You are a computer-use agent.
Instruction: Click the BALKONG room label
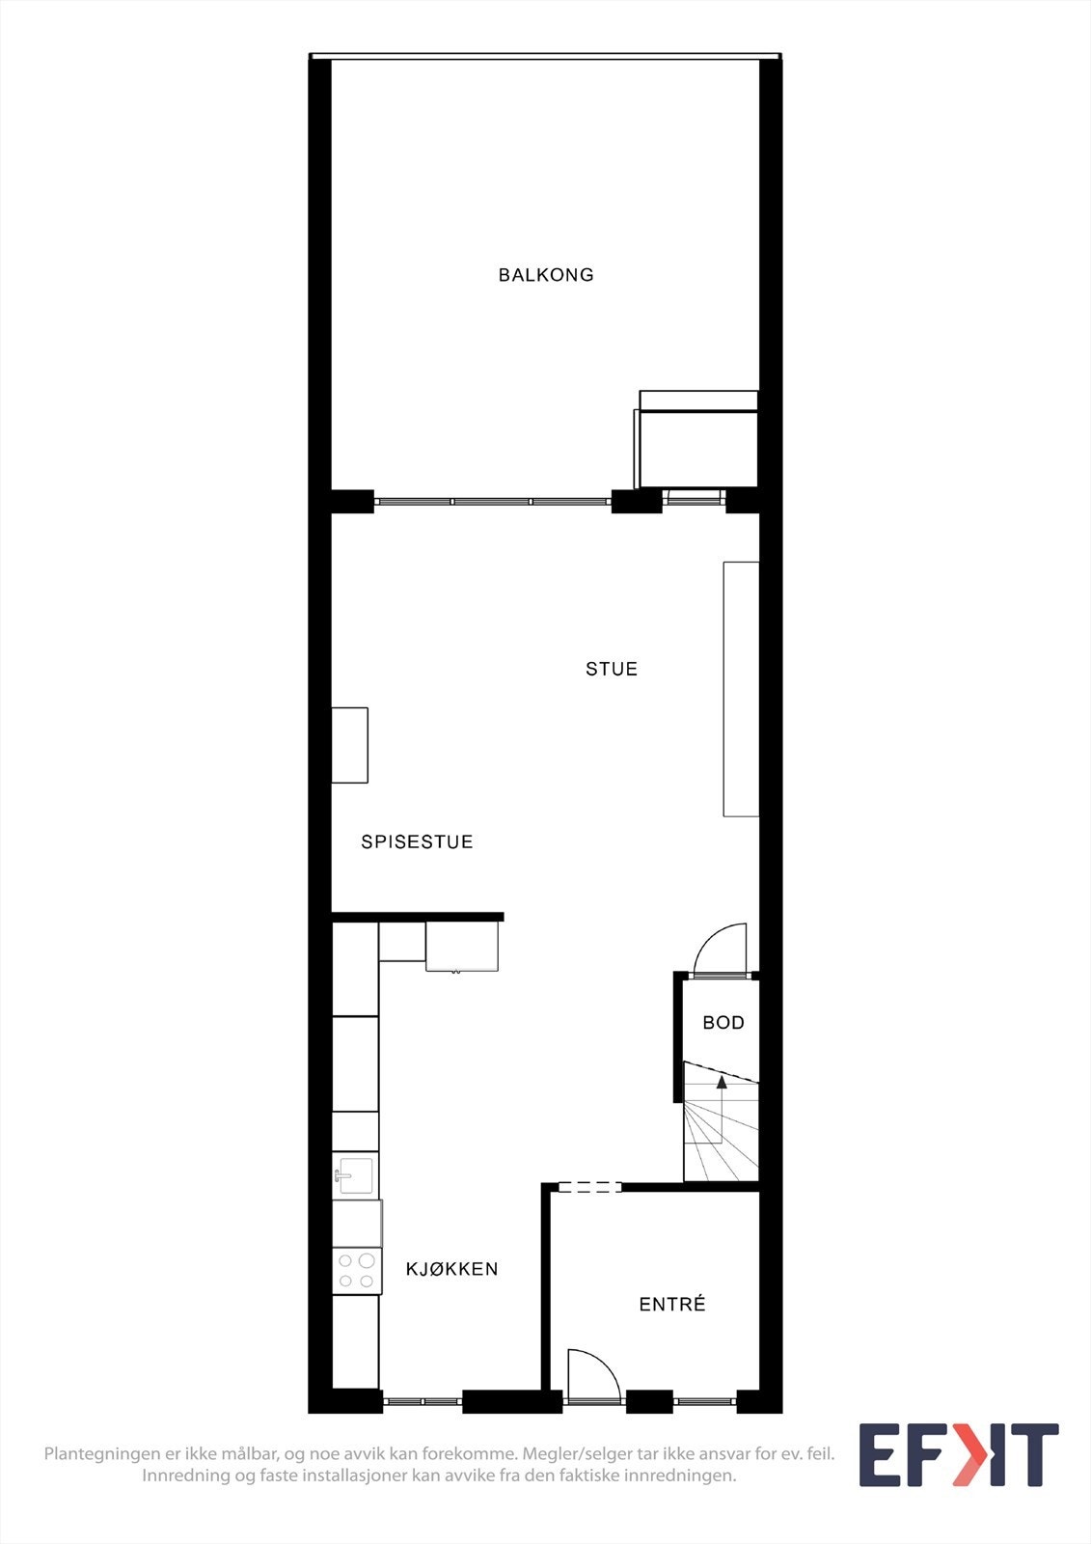click(546, 275)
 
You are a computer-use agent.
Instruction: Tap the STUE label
click(612, 669)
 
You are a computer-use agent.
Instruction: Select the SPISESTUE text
click(417, 841)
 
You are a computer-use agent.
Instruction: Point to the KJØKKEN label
click(451, 1269)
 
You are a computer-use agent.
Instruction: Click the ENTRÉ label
click(672, 1305)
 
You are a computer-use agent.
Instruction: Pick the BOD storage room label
click(723, 1023)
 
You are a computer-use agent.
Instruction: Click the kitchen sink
click(355, 1175)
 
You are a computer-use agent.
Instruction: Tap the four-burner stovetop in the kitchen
click(355, 1271)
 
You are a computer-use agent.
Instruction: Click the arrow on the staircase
click(722, 1083)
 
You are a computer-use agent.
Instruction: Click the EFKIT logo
click(959, 1455)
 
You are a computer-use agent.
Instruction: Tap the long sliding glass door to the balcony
click(492, 502)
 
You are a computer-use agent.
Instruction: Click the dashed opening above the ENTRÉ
click(589, 1187)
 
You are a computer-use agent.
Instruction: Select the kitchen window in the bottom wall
click(423, 1401)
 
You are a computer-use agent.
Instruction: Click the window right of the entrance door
click(705, 1401)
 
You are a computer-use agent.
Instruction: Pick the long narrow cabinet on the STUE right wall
click(741, 688)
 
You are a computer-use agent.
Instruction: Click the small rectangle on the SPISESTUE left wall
click(349, 745)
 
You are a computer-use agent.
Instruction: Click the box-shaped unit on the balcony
click(696, 444)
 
